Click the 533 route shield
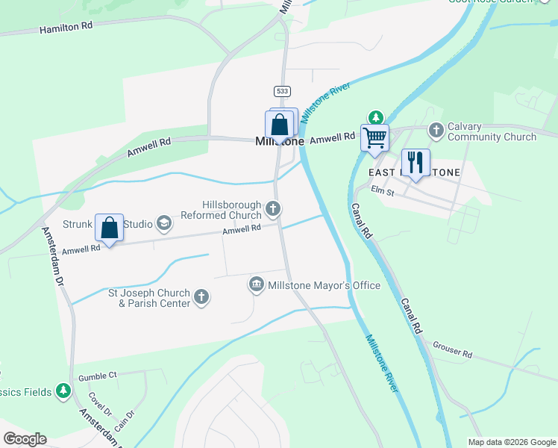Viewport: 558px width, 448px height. click(x=281, y=90)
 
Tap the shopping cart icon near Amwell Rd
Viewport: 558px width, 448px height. click(x=374, y=137)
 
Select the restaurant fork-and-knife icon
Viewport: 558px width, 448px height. click(x=415, y=162)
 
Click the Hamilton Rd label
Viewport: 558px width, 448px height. click(x=66, y=28)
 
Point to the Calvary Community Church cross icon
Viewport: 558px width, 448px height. click(x=436, y=131)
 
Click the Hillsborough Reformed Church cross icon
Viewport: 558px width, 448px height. click(x=274, y=209)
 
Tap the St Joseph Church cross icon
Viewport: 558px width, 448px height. click(x=201, y=297)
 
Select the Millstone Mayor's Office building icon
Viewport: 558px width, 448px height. click(x=256, y=284)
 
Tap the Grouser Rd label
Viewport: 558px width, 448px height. click(x=452, y=352)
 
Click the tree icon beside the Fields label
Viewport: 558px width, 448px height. click(x=64, y=391)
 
